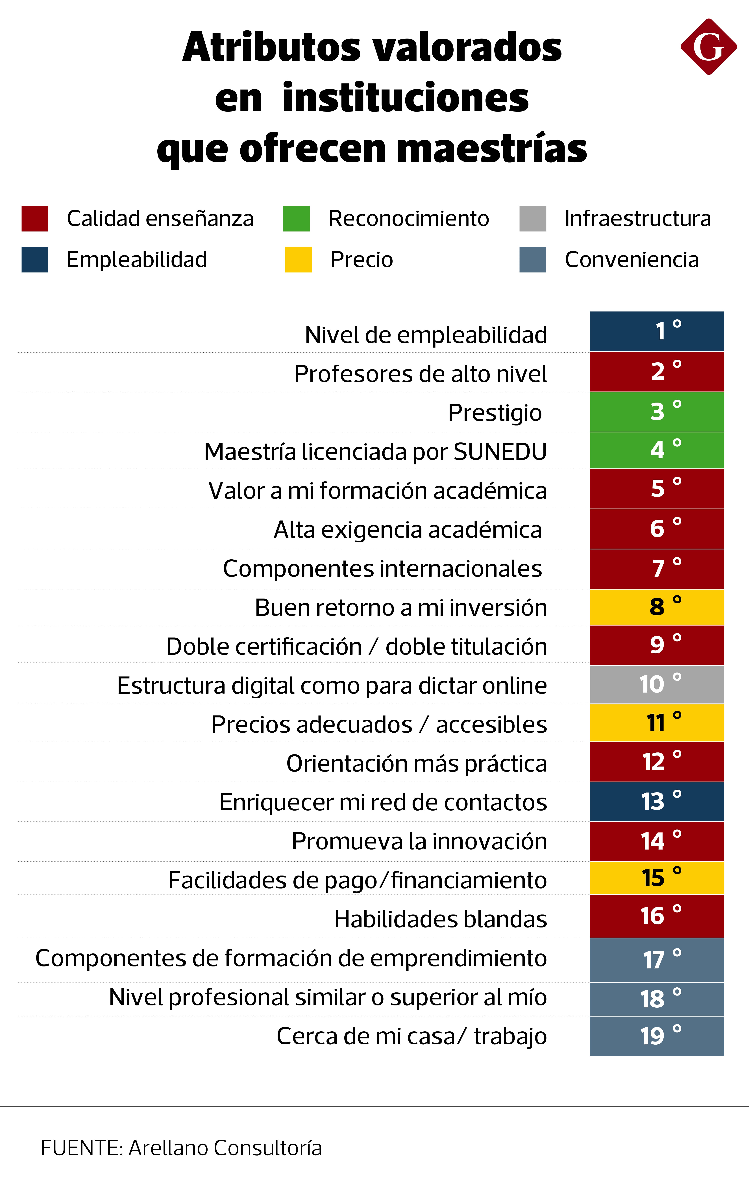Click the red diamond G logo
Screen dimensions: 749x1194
click(708, 47)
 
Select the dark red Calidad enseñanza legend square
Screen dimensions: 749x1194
click(35, 218)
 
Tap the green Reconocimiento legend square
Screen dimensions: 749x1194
click(296, 218)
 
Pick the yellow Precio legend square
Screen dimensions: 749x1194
click(298, 259)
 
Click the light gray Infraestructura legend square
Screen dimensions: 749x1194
click(533, 218)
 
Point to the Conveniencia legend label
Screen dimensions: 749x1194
click(632, 259)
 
